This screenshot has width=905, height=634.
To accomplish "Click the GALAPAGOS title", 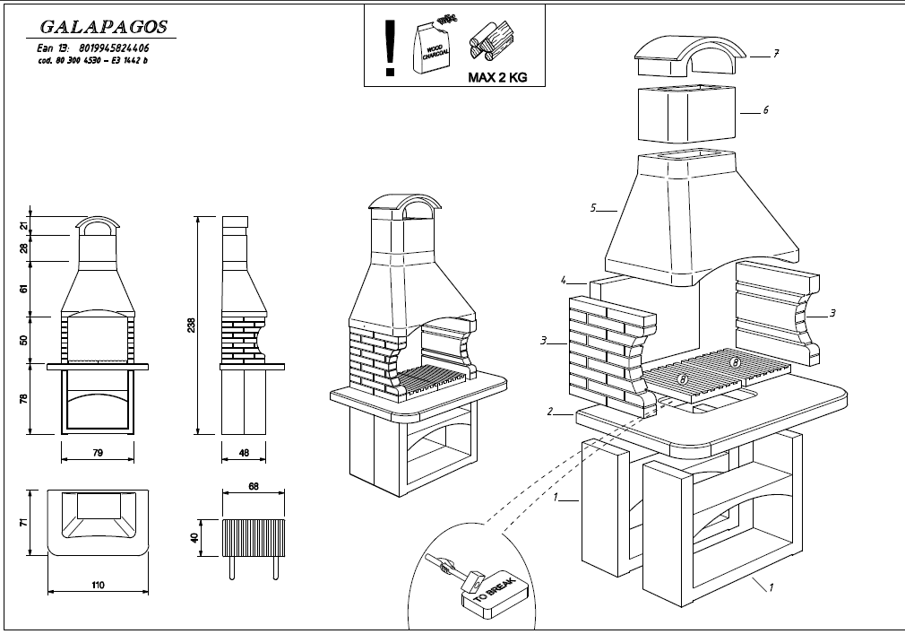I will pos(98,29).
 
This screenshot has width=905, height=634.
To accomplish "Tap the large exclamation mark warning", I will pos(389,48).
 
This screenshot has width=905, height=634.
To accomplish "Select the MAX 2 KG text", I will pos(497,78).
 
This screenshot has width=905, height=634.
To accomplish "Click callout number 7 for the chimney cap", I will pos(776,55).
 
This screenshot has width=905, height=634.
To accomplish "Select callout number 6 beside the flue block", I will pos(766,110).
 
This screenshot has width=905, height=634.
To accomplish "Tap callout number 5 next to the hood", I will pos(593,208).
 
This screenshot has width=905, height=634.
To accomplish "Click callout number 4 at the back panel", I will pos(565,280).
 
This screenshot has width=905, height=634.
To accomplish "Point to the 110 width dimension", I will pos(98,586).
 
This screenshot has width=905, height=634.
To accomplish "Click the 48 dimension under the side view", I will pos(245,454).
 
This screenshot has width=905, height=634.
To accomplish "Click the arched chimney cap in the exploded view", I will pos(688,56).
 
